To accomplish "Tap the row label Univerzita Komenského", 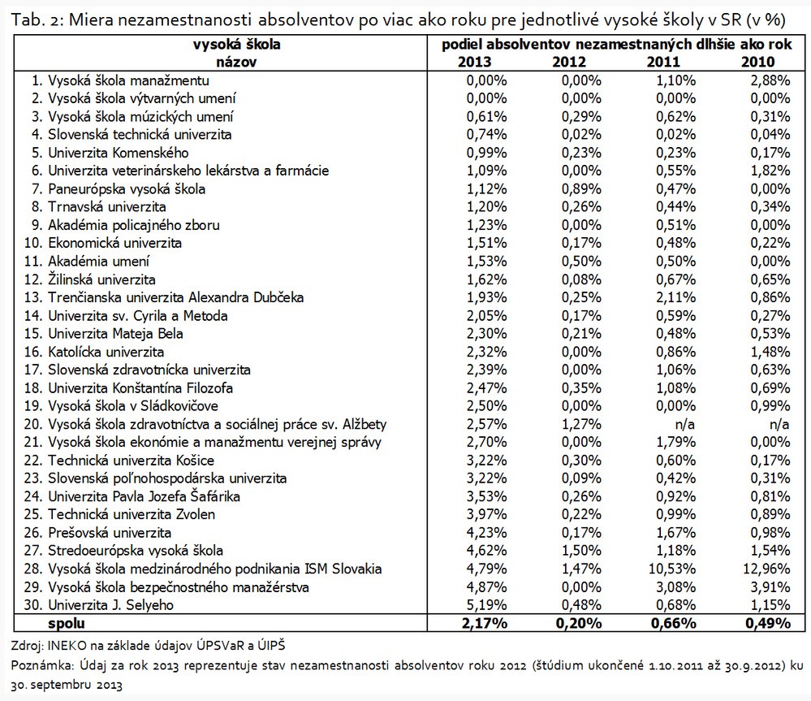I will pos(118,153).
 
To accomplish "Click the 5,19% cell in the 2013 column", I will pos(485,604).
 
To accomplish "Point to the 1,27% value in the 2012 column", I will pos(579,424).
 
